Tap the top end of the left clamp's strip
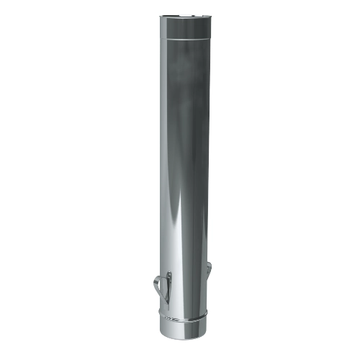tap(169, 273)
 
